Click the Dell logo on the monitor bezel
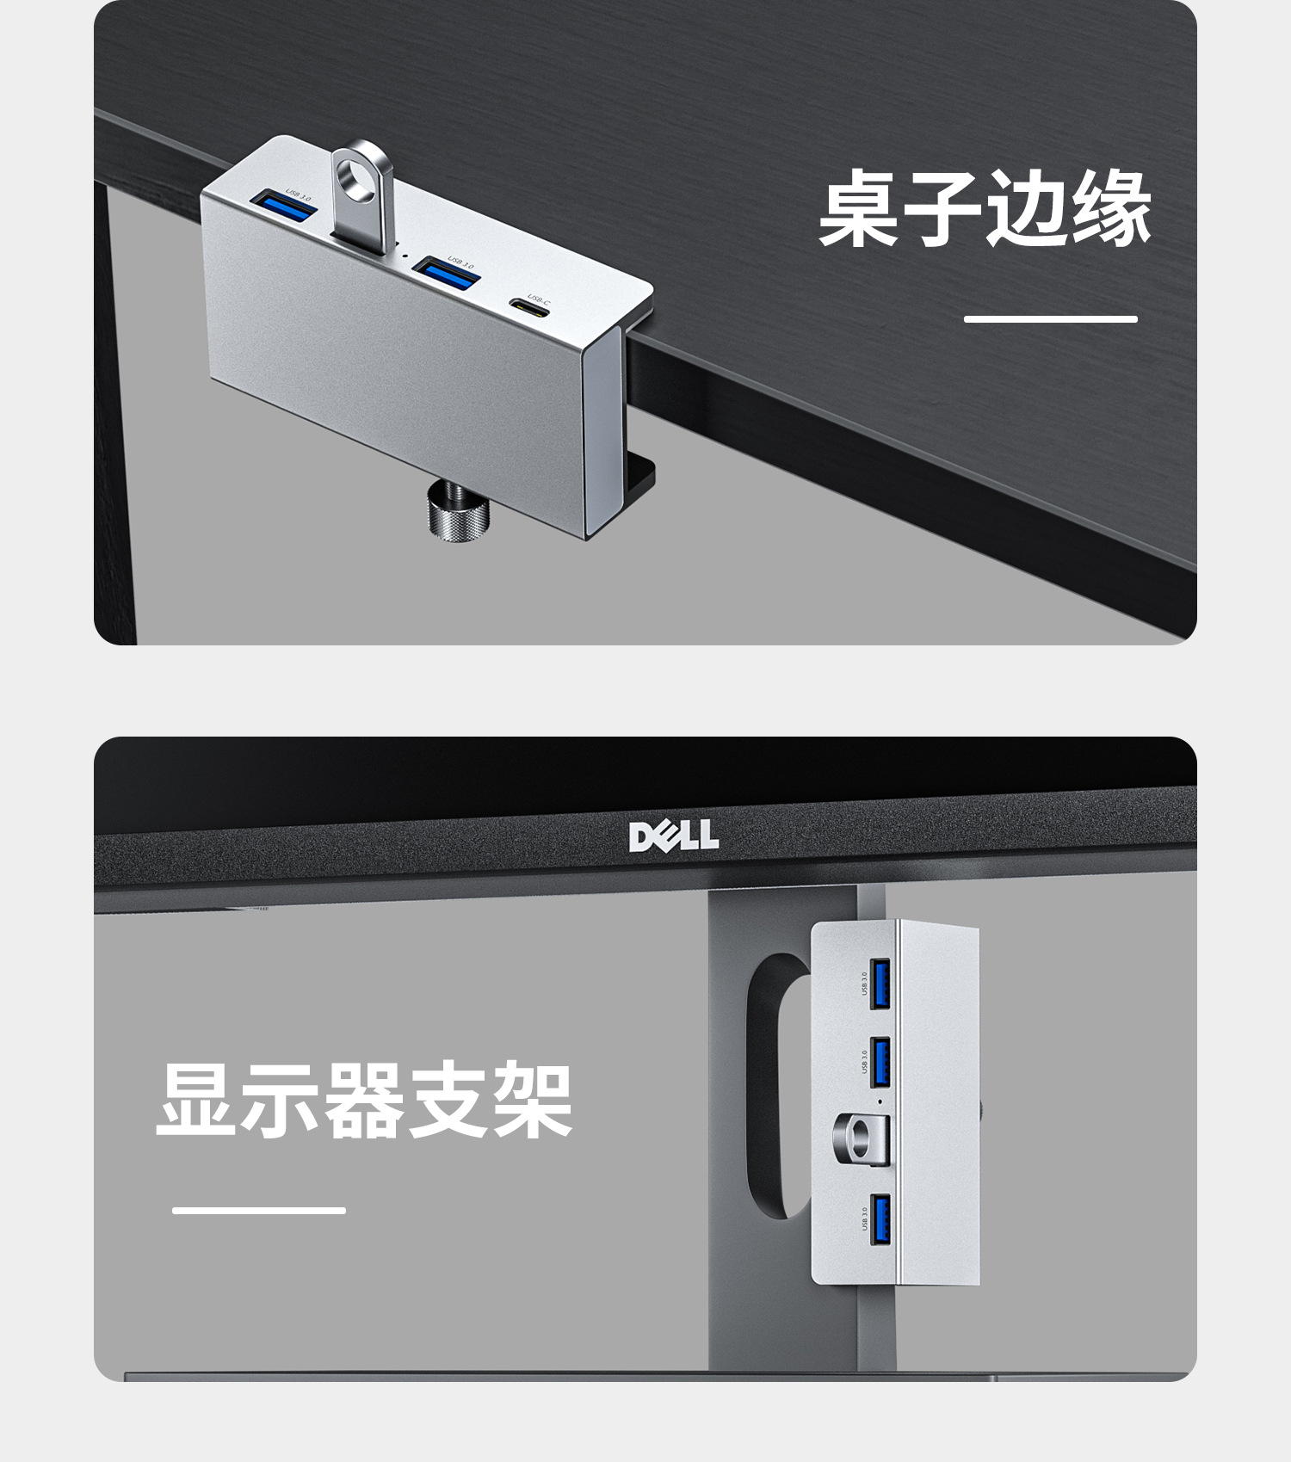coord(673,836)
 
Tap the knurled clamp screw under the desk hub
coord(458,514)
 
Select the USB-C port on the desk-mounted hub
coord(528,306)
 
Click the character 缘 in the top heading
coord(1109,209)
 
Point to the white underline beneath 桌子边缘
coord(1050,319)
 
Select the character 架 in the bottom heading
coord(531,1101)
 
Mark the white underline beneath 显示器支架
coord(258,1210)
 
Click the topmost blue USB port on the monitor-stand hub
coord(880,983)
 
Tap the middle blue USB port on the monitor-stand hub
coord(880,1062)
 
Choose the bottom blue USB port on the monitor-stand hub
coord(880,1219)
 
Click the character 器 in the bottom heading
coord(364,1101)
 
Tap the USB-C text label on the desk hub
coord(539,298)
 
